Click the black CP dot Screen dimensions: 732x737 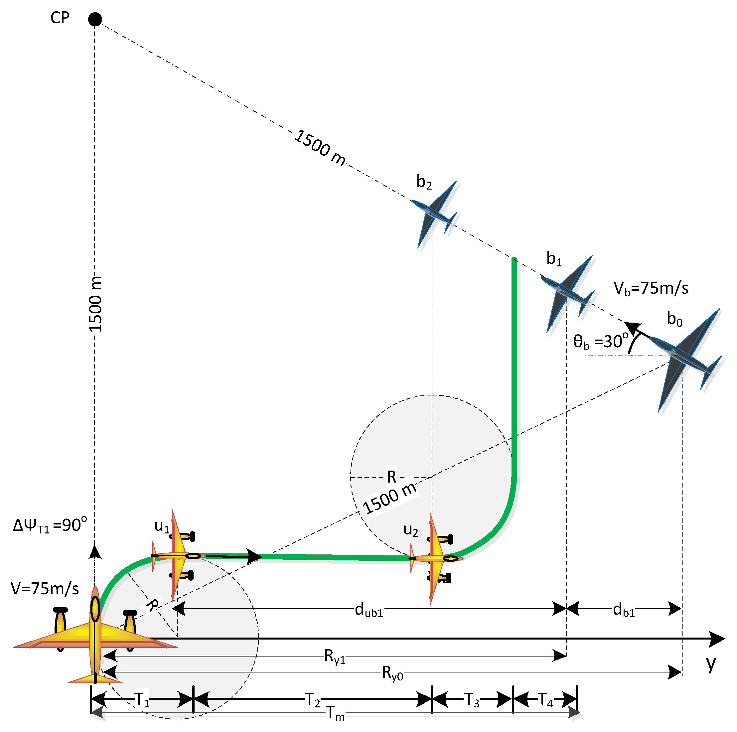coord(95,19)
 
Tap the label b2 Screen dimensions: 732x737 coord(424,182)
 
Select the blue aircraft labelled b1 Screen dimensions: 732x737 coord(567,293)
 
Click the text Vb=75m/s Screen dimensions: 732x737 coord(651,288)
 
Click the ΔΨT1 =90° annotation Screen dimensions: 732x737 coord(50,525)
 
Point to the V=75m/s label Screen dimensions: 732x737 coord(45,589)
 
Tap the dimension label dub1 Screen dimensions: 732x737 coord(368,610)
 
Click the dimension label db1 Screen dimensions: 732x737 coord(623,610)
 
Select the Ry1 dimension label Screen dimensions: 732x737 coord(335,657)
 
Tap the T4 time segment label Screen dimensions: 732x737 coord(545,700)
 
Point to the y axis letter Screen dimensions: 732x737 coord(711,664)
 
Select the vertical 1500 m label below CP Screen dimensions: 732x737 coord(95,304)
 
